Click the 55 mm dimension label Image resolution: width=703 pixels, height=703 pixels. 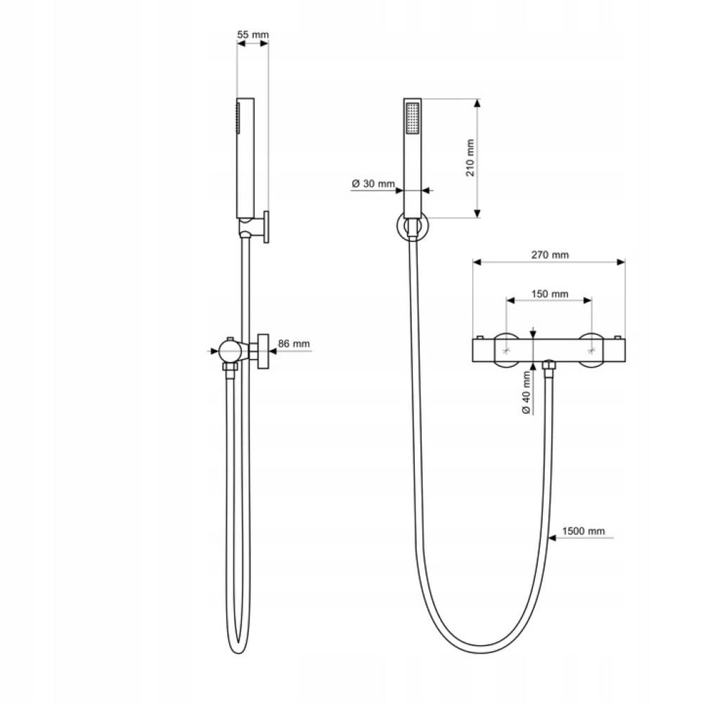point(252,34)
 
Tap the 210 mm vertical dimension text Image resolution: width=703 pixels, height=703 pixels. point(470,157)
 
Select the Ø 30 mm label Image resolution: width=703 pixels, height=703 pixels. point(373,183)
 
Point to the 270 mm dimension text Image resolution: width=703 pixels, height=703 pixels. point(550,254)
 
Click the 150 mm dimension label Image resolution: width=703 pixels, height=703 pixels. point(550,294)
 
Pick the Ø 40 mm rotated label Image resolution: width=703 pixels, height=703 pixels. point(527,393)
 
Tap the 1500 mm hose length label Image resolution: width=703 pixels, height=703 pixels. point(583,531)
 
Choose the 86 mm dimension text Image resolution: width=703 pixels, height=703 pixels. point(294,344)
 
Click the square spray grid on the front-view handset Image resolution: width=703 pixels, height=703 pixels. point(412,118)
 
